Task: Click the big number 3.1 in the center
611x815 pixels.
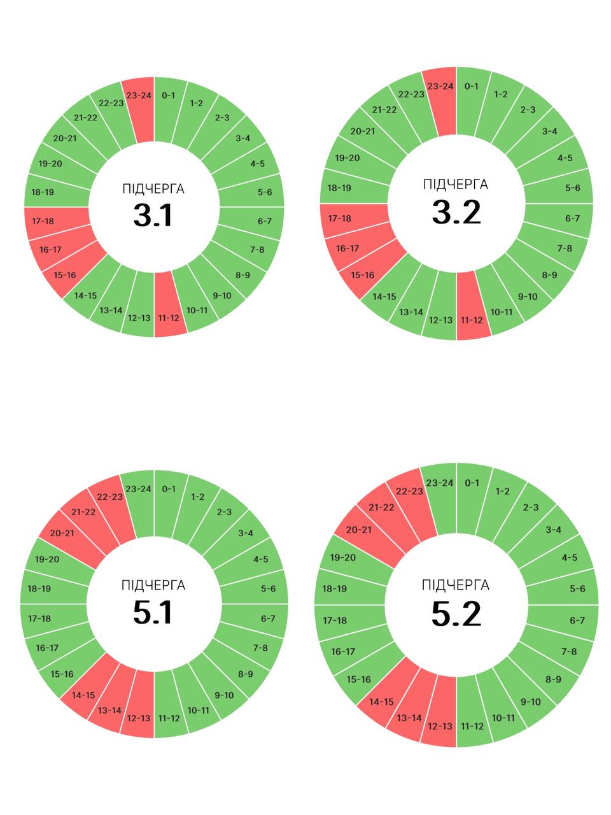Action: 153,215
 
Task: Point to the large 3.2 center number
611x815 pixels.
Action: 456,212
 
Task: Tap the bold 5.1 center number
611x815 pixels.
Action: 153,613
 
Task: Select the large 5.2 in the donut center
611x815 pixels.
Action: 456,614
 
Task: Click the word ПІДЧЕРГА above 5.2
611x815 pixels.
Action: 456,585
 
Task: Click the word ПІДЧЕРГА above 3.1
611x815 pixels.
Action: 153,188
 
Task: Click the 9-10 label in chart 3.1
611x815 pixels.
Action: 222,295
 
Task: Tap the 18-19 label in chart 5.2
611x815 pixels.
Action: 335,588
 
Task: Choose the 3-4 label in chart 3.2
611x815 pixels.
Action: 549,131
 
